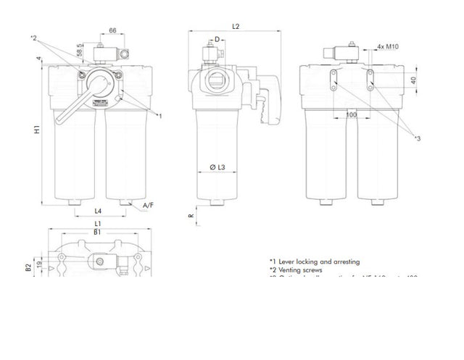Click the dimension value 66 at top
tap(113, 31)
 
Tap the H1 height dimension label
tap(37, 133)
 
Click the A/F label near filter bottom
tap(148, 206)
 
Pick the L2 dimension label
tap(236, 26)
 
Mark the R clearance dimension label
tap(191, 215)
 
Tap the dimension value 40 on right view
tap(414, 80)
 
